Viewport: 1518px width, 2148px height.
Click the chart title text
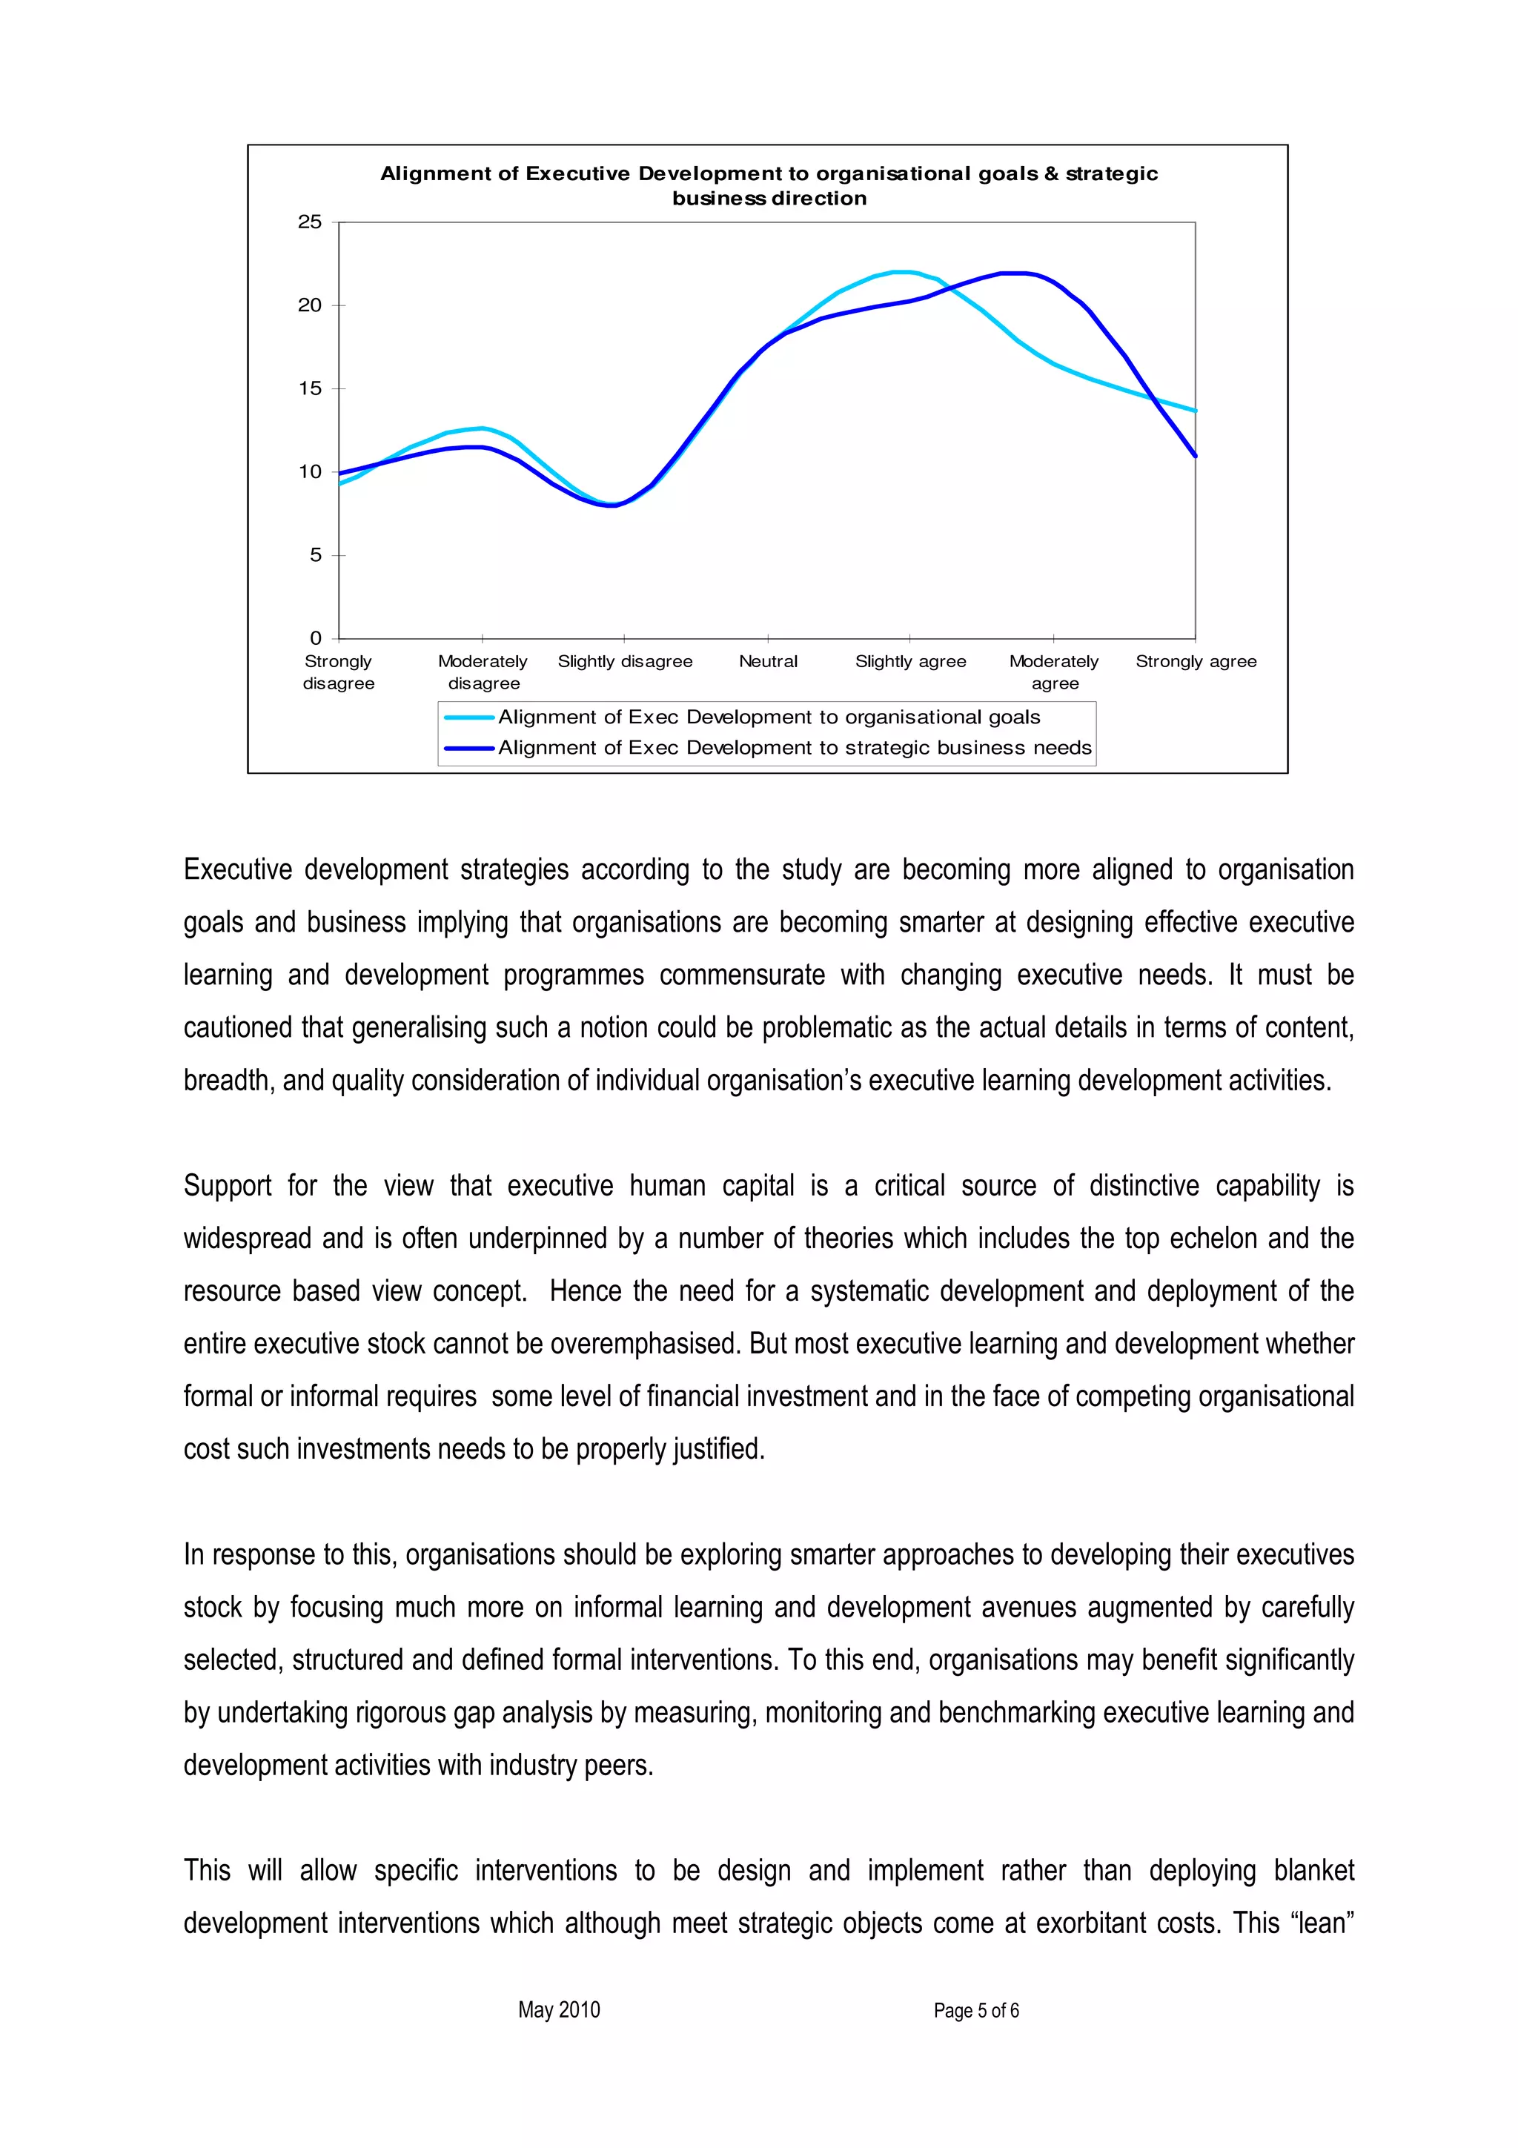[x=769, y=185]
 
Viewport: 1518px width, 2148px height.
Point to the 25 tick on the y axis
[x=310, y=222]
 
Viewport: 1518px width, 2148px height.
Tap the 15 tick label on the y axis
[x=310, y=388]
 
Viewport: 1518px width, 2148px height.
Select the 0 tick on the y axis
[x=315, y=638]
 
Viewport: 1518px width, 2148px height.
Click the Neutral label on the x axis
[x=768, y=661]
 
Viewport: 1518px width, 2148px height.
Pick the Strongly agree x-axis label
[x=1196, y=661]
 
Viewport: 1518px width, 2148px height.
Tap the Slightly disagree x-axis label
[x=625, y=661]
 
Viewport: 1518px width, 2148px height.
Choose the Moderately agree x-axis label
[x=1054, y=672]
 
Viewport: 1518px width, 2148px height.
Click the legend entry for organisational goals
[x=768, y=717]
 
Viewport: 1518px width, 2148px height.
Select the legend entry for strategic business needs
[x=794, y=747]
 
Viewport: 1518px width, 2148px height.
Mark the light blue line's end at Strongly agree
[x=1194, y=410]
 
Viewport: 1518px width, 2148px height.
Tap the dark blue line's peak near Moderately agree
[x=1015, y=274]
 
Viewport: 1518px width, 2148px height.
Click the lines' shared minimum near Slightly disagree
[x=611, y=505]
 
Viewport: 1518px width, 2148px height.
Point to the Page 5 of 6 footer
[x=975, y=2010]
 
